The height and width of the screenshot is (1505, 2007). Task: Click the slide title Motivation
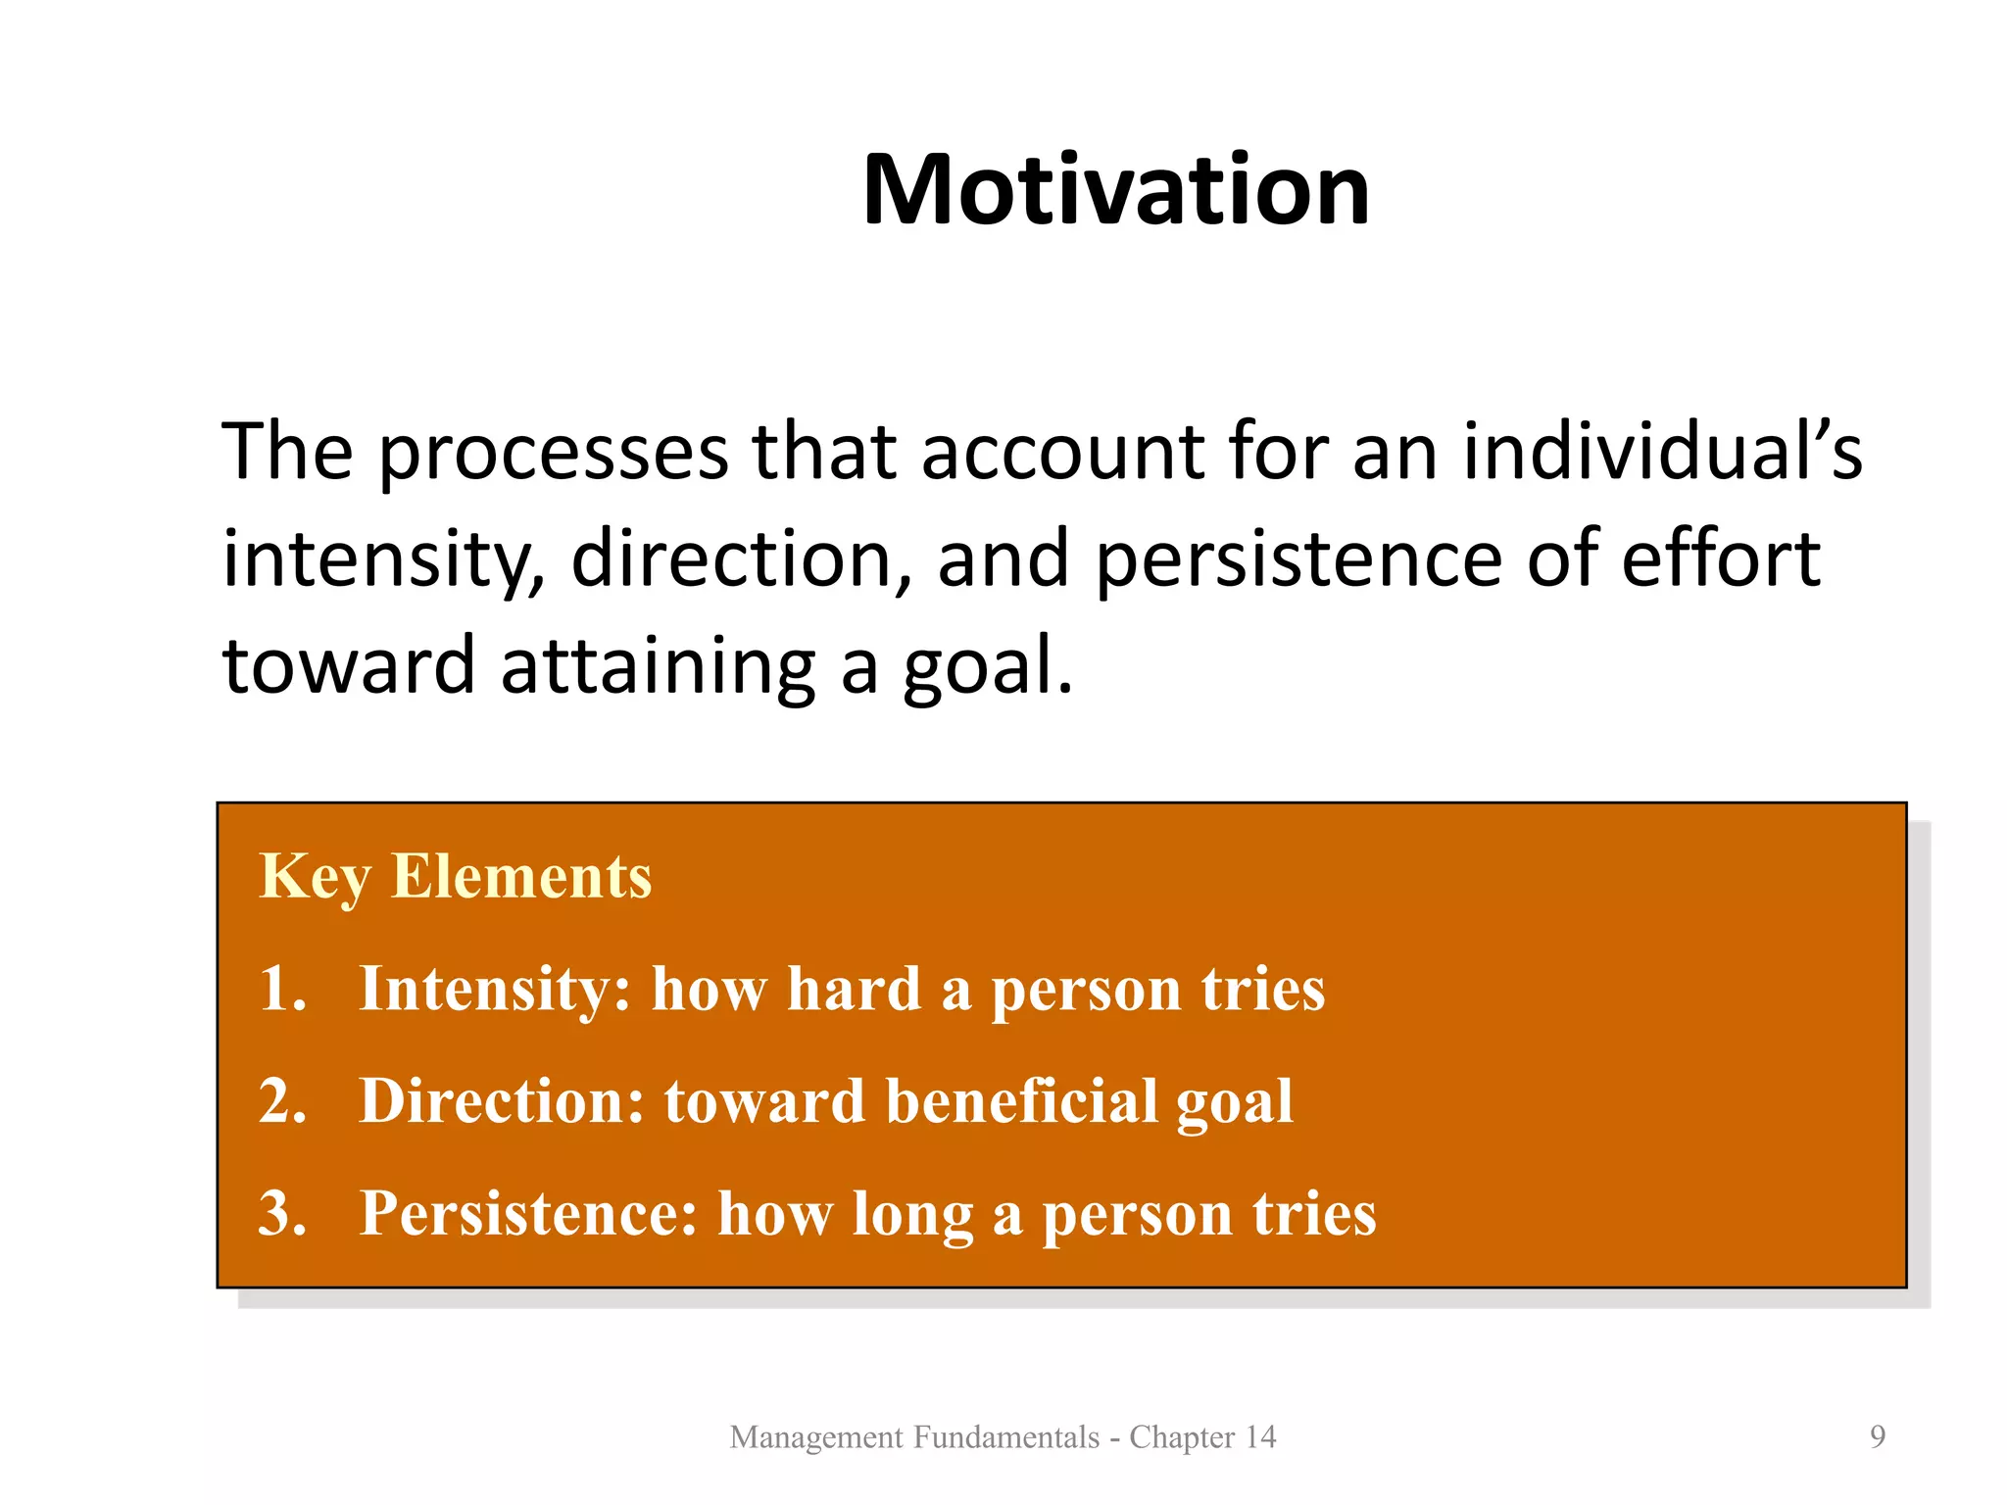tap(1115, 190)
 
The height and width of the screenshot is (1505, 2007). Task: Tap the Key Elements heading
tap(455, 875)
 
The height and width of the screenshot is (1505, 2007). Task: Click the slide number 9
tap(1877, 1436)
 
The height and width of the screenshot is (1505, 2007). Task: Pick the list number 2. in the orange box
tap(282, 1100)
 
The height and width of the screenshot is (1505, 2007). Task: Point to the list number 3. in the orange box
tap(282, 1213)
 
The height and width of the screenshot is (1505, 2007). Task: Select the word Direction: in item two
tap(502, 1100)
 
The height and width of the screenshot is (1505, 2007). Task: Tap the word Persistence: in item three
tap(529, 1213)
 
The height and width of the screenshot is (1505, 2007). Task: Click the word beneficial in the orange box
tap(1022, 1100)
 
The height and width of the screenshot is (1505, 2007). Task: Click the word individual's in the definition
tap(1662, 452)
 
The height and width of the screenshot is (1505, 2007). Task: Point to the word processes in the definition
tap(554, 454)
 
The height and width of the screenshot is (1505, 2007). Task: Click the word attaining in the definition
tap(658, 666)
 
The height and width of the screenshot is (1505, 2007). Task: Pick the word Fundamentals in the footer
tap(1006, 1436)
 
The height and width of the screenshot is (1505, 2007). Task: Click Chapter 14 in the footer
tap(1202, 1436)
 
